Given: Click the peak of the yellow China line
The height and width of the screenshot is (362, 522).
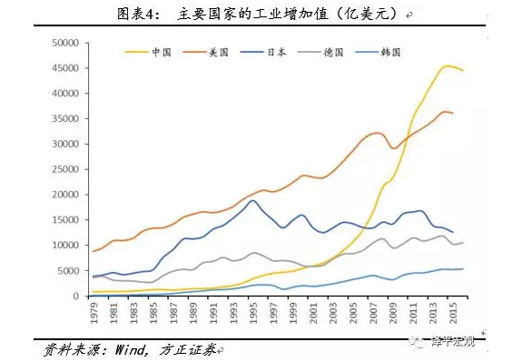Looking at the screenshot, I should click(448, 65).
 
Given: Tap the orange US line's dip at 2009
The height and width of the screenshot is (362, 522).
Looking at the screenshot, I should click(393, 148).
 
